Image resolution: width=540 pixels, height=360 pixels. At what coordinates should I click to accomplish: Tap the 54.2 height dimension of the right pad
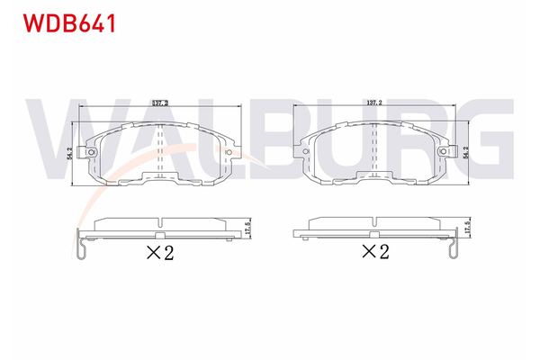coord(465,153)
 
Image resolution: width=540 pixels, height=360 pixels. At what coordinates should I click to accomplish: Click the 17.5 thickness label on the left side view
coord(247,225)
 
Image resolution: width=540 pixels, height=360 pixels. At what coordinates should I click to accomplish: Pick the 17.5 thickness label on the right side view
coord(468,227)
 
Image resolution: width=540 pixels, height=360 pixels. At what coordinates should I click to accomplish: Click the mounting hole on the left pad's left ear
coord(92,153)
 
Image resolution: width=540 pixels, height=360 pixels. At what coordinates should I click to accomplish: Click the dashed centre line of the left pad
coord(160,153)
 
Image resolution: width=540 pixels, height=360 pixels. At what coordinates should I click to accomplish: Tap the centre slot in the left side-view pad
coord(160,221)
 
